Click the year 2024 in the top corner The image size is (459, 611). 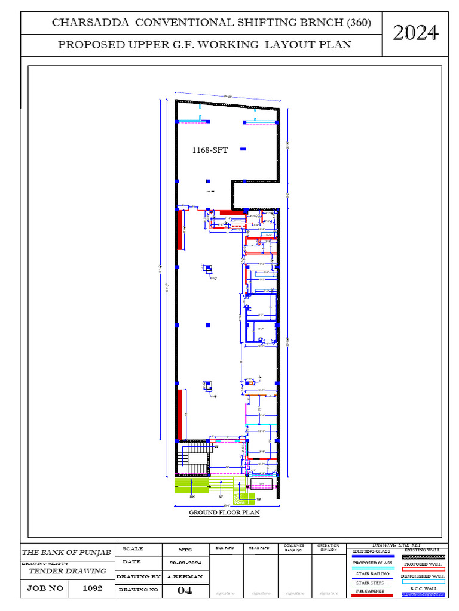click(415, 33)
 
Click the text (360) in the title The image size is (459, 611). click(359, 23)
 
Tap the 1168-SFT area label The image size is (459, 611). click(209, 150)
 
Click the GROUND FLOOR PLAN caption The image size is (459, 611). click(224, 513)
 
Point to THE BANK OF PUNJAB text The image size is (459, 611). click(66, 553)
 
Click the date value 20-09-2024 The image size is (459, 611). click(185, 563)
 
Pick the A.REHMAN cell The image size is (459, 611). click(185, 576)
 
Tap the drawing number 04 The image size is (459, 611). click(185, 590)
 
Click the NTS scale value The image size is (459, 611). click(185, 549)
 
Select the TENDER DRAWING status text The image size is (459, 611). click(68, 571)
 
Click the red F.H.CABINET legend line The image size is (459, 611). click(371, 595)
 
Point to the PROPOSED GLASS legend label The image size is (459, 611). click(372, 563)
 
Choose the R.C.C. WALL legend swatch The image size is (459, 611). click(423, 594)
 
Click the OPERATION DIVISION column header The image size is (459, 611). click(329, 548)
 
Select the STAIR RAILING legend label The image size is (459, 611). click(372, 573)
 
